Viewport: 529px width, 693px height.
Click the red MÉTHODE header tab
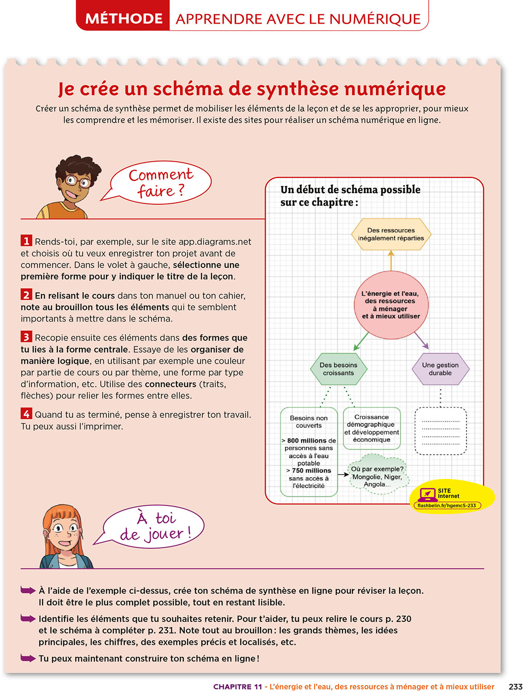coord(123,18)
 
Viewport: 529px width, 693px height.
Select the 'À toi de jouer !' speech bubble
coord(153,527)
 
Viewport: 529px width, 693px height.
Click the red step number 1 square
coord(26,241)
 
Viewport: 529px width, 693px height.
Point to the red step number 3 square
coord(26,337)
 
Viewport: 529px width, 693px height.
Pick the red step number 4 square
coord(26,413)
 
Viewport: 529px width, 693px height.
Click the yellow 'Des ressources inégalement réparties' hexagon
coord(391,234)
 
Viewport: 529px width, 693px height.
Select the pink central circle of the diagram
coord(391,304)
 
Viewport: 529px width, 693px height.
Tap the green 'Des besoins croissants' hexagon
coord(338,369)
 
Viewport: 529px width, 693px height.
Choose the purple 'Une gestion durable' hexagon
coord(440,369)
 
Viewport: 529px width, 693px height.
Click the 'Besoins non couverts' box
coord(309,451)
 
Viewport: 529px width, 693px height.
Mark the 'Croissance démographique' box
coord(371,428)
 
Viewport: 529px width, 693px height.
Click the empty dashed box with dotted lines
coord(440,431)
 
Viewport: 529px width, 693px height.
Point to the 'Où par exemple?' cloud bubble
coord(377,476)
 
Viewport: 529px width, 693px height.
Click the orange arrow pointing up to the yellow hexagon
coord(391,260)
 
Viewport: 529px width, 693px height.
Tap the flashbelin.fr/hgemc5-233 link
coord(446,505)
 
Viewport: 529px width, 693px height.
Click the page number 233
coord(515,687)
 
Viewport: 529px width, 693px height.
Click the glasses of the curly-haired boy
coord(78,181)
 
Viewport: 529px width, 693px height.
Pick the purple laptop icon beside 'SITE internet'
coord(427,494)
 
